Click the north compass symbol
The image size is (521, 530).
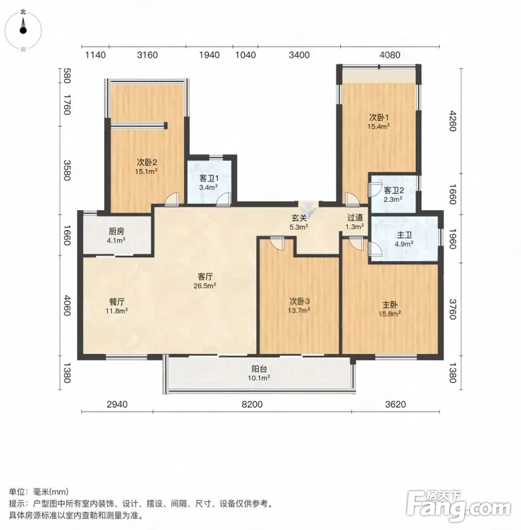click(23, 30)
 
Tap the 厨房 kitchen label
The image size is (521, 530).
click(116, 232)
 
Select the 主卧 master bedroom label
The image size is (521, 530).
click(390, 305)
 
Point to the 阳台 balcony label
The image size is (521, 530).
click(259, 369)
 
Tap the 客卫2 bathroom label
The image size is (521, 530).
click(394, 191)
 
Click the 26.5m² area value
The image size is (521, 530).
click(205, 286)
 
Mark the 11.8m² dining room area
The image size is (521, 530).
click(116, 311)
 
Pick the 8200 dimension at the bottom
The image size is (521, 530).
click(252, 404)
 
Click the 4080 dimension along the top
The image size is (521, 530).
click(390, 55)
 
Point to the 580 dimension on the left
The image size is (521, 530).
click(66, 76)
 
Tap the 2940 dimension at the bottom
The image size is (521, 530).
click(118, 404)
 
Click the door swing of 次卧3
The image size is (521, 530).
click(277, 243)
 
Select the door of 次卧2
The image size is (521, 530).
click(171, 199)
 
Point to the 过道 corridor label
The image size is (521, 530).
click(355, 218)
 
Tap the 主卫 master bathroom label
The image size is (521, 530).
click(404, 235)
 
